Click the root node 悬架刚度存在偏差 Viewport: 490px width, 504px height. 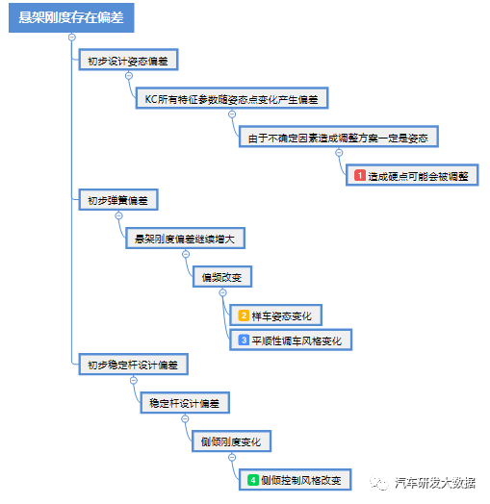[71, 17]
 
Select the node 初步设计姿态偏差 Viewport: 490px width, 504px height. [128, 60]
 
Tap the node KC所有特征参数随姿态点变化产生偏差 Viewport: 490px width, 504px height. [232, 98]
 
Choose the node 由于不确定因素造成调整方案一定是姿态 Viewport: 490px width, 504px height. [339, 137]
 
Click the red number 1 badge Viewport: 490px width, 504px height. [360, 175]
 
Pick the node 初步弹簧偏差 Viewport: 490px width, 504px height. [118, 200]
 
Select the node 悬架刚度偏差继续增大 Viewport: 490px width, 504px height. [185, 239]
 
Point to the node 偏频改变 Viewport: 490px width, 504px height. [222, 277]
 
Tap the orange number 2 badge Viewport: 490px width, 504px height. [244, 315]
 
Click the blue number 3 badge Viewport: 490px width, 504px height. [244, 340]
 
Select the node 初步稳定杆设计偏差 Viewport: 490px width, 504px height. [134, 365]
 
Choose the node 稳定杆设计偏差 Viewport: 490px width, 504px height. [185, 403]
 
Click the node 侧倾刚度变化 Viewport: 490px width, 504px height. [231, 441]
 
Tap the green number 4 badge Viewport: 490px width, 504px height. [253, 480]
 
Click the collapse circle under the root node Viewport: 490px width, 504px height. [72, 38]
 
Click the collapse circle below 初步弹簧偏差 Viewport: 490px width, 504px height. [119, 215]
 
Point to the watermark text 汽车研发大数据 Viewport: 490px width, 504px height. [435, 483]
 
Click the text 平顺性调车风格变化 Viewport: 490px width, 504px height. [297, 340]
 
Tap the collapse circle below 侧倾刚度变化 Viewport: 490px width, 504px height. [232, 457]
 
